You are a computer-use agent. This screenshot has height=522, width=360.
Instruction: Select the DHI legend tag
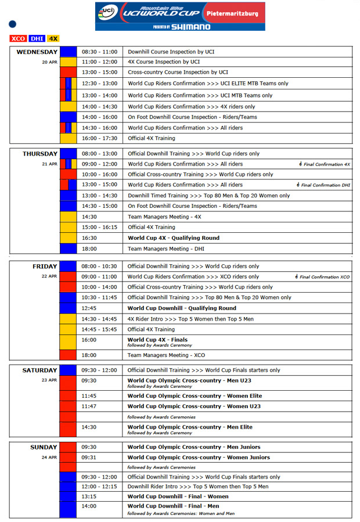tap(37, 38)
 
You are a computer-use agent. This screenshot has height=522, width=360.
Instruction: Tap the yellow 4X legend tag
tap(53, 38)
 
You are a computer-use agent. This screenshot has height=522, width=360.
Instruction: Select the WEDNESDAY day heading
tap(37, 52)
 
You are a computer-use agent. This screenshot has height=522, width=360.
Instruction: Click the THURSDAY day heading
tap(40, 154)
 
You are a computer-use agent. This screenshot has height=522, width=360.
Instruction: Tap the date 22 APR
tap(49, 276)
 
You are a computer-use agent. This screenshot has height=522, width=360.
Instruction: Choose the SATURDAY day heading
tap(39, 370)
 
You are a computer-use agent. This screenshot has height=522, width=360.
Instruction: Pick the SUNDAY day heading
tap(44, 447)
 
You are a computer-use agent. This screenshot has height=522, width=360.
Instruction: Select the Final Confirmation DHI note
tap(323, 185)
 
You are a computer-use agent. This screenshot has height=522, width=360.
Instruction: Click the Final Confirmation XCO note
tap(323, 277)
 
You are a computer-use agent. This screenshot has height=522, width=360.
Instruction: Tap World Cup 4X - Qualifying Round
tap(174, 237)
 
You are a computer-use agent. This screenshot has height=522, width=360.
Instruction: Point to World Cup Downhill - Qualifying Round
tap(182, 308)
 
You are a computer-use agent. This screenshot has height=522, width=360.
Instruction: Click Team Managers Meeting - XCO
tap(164, 355)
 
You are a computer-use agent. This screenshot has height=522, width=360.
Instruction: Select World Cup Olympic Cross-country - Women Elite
tap(195, 396)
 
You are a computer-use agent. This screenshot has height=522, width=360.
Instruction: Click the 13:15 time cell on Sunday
tap(89, 496)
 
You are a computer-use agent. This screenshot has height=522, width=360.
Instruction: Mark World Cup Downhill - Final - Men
tap(174, 506)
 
